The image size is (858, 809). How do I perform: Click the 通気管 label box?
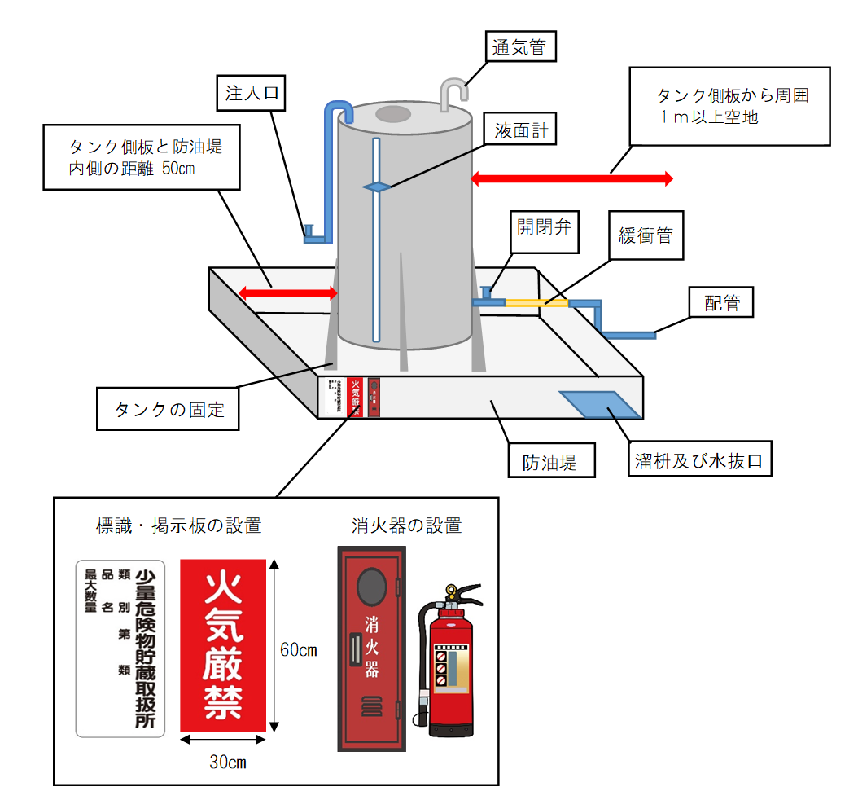pos(522,46)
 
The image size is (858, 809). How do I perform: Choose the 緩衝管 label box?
pos(646,236)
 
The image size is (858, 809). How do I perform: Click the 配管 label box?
pos(721,302)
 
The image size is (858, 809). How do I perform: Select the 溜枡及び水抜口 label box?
pos(699,461)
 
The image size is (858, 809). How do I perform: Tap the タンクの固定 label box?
pos(169,409)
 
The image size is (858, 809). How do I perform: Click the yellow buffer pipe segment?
pos(536,303)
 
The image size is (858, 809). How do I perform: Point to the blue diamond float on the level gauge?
pos(376,187)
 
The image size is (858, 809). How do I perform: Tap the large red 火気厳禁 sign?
pos(223,645)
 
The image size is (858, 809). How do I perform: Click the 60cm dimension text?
pos(298,650)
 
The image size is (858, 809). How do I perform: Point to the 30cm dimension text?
pos(227,763)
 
